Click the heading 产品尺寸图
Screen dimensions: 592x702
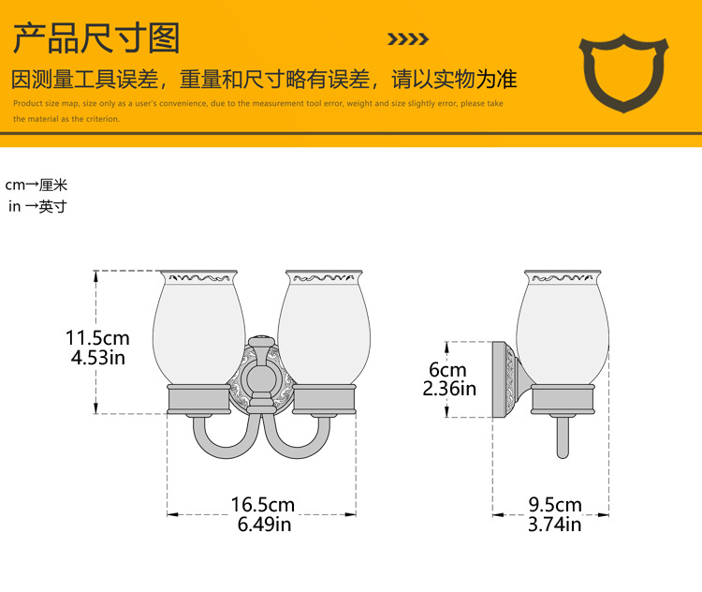click(95, 38)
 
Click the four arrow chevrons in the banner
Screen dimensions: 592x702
click(408, 39)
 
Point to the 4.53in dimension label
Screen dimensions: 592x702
click(98, 357)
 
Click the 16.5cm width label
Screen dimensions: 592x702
click(263, 505)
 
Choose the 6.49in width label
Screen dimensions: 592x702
click(263, 525)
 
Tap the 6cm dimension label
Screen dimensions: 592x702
click(447, 370)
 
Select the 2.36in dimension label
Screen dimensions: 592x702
click(449, 389)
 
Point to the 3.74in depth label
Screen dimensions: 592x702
click(554, 525)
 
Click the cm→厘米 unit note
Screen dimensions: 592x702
click(37, 185)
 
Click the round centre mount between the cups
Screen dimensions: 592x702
click(260, 378)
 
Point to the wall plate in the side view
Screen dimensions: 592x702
click(503, 378)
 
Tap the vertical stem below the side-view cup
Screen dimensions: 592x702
click(562, 436)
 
